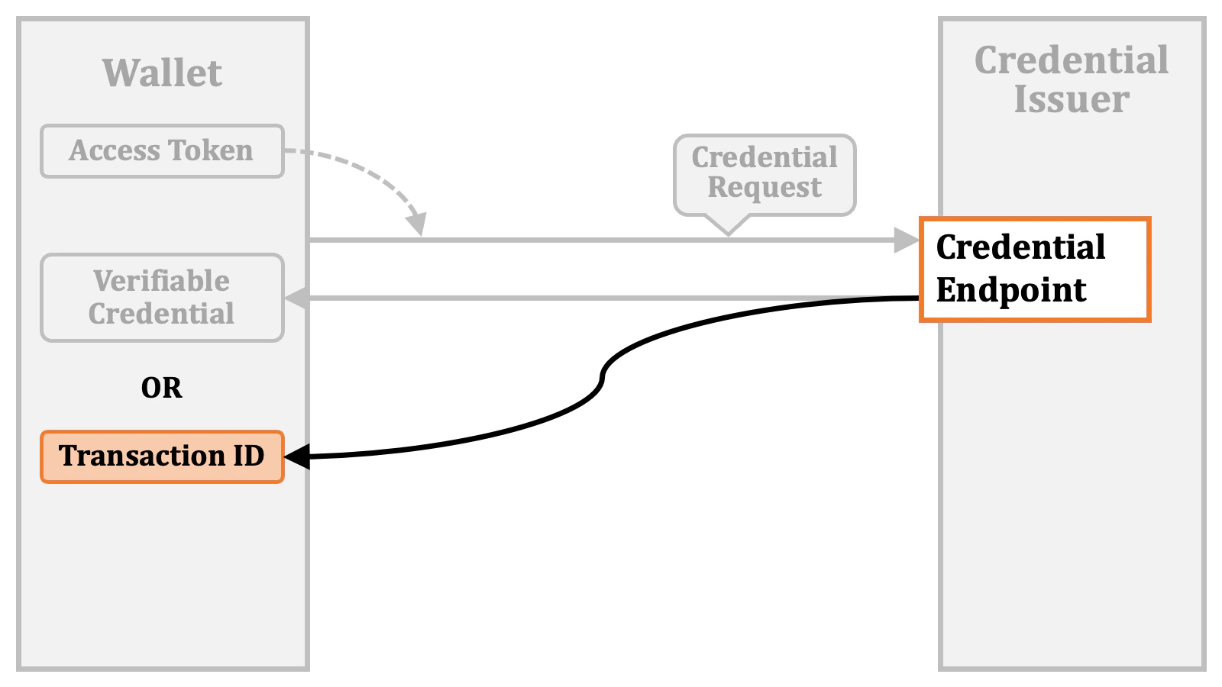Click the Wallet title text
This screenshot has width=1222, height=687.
[x=162, y=73]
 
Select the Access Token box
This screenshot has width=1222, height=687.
[x=162, y=151]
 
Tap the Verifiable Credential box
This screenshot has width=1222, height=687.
[x=162, y=298]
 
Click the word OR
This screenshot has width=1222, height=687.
[x=162, y=388]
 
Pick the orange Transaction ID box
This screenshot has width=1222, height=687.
[x=162, y=456]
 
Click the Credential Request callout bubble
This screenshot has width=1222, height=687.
[x=765, y=174]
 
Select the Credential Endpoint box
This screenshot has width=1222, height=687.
[x=1035, y=269]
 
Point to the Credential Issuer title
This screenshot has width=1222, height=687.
[x=1072, y=79]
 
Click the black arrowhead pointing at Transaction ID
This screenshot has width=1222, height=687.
[x=296, y=456]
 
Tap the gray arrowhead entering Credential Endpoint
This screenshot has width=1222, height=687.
[x=907, y=240]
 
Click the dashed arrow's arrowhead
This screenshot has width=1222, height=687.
[x=416, y=225]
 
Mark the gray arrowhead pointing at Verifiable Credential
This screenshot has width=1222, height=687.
[x=297, y=298]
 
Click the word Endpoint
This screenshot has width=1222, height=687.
[x=1011, y=291]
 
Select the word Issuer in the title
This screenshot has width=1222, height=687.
[x=1072, y=99]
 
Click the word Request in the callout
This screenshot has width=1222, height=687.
[x=765, y=188]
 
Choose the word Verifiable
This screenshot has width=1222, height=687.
[x=162, y=281]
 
